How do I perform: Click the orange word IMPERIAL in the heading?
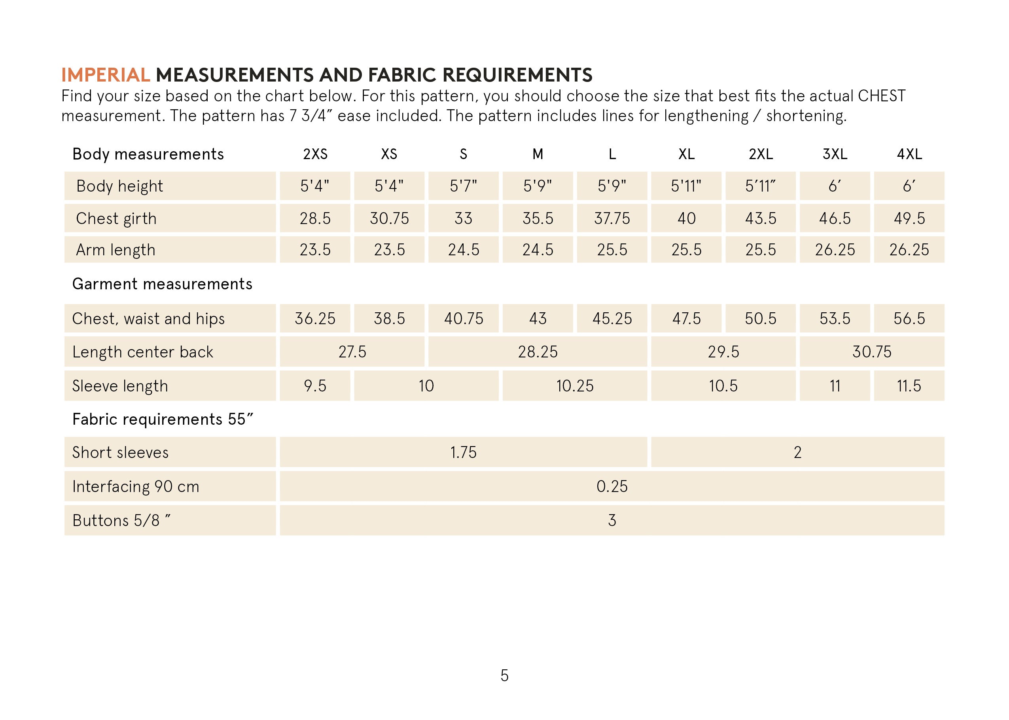(x=106, y=75)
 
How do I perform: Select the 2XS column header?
(x=315, y=154)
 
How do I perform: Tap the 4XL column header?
(x=909, y=154)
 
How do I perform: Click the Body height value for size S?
(x=463, y=186)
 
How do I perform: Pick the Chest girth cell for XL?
(x=686, y=218)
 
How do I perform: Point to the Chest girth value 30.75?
(x=389, y=218)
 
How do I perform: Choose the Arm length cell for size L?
(x=612, y=250)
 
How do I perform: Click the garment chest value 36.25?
(x=315, y=319)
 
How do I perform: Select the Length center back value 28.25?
(x=538, y=352)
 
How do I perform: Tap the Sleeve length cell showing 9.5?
(x=315, y=386)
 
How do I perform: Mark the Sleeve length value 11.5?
(x=909, y=386)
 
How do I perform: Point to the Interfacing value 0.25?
(x=612, y=486)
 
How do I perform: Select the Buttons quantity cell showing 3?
(x=612, y=520)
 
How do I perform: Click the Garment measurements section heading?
(x=162, y=284)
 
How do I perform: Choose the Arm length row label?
(x=115, y=250)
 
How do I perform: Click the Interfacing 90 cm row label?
(x=136, y=487)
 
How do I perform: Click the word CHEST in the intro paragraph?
(x=881, y=96)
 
